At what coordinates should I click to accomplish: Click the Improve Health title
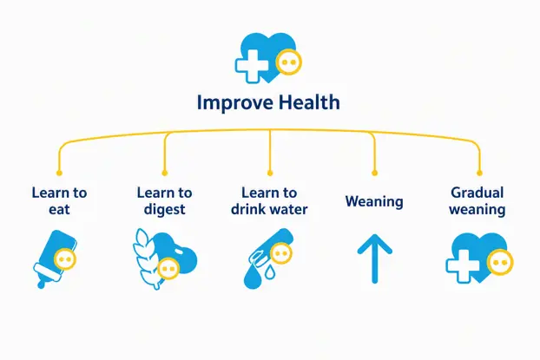[x=268, y=103]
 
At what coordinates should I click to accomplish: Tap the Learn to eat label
[x=59, y=201]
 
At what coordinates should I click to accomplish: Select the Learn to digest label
[x=165, y=201]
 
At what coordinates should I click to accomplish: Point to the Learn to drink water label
[x=269, y=201]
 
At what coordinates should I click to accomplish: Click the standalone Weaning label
[x=374, y=201]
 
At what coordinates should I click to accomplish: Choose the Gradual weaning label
[x=477, y=201]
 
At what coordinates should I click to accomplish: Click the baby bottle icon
[x=55, y=259]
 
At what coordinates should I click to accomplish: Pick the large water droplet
[x=252, y=278]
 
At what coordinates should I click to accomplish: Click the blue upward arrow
[x=375, y=259]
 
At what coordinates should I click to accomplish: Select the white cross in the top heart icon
[x=252, y=66]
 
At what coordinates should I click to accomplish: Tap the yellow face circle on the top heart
[x=288, y=62]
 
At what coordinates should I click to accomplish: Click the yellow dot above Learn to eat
[x=59, y=173]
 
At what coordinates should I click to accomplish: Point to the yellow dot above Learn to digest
[x=165, y=173]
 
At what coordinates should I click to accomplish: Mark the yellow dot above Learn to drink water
[x=270, y=173]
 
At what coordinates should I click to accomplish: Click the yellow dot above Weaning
[x=375, y=173]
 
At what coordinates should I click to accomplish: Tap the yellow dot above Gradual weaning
[x=479, y=173]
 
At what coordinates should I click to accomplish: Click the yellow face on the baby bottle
[x=65, y=259]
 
